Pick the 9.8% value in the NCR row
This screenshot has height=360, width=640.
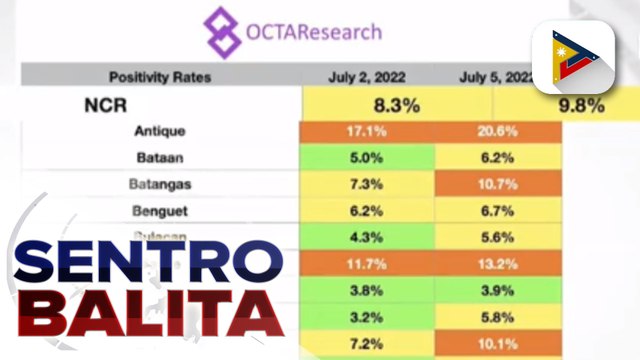click(x=592, y=102)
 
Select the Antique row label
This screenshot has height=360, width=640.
click(x=159, y=131)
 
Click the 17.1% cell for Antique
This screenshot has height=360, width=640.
click(x=367, y=131)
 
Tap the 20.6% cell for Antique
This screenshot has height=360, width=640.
click(x=497, y=131)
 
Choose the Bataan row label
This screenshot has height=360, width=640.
click(x=159, y=157)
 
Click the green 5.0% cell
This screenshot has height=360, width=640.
click(x=367, y=157)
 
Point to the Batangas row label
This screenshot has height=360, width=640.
click(x=159, y=184)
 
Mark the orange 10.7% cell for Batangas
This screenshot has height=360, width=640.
click(x=497, y=184)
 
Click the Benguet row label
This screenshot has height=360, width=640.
click(x=159, y=211)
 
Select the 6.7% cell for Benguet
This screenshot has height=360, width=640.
click(x=497, y=211)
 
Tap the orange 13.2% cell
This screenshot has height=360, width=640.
click(x=497, y=264)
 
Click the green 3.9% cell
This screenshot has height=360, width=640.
click(x=497, y=290)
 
